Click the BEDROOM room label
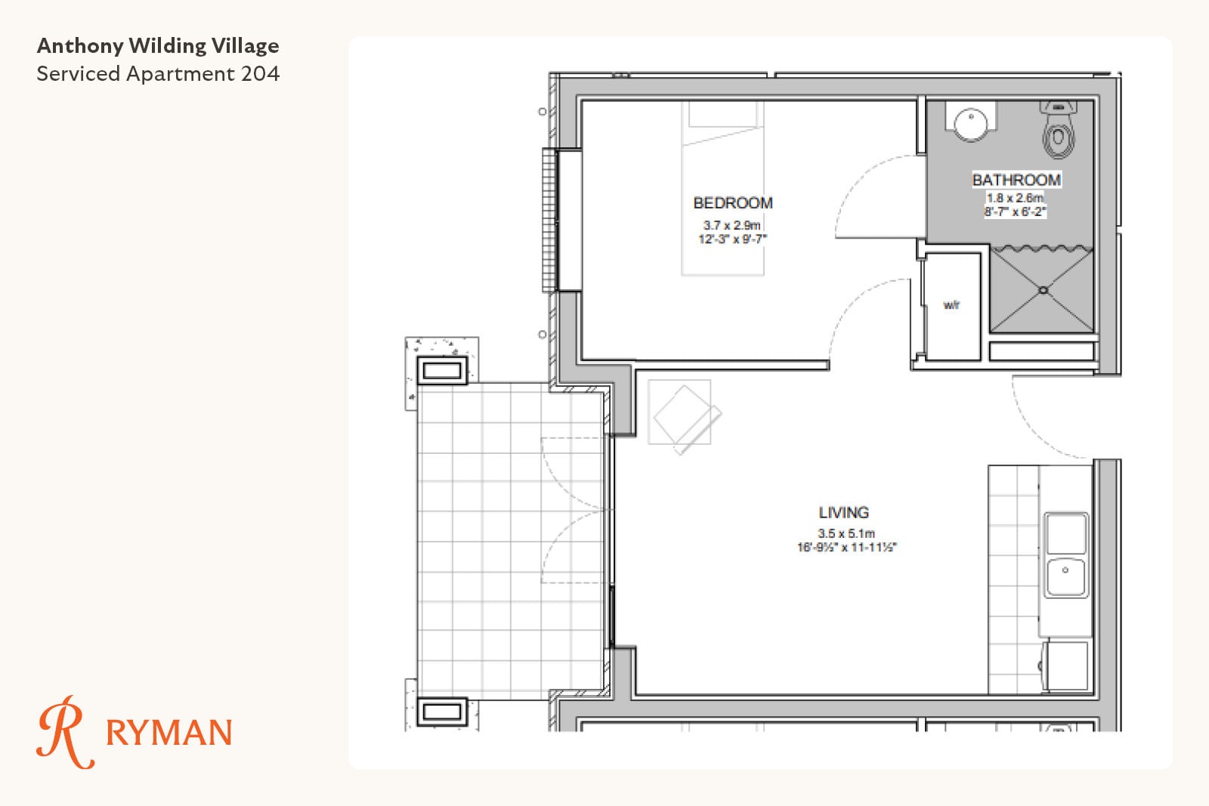[733, 203]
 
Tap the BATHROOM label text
[1016, 180]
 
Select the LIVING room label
[843, 512]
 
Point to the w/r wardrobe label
[951, 305]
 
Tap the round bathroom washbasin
[971, 124]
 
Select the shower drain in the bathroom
[1043, 290]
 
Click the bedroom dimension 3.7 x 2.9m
[732, 225]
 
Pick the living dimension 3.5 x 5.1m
[846, 533]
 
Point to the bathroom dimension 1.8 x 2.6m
[1015, 197]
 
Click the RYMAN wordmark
[169, 732]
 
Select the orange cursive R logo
[64, 732]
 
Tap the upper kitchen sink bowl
[1066, 533]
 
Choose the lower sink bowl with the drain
[1065, 577]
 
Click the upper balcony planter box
[442, 371]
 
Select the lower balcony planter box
[442, 712]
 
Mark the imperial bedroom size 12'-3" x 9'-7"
[732, 239]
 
